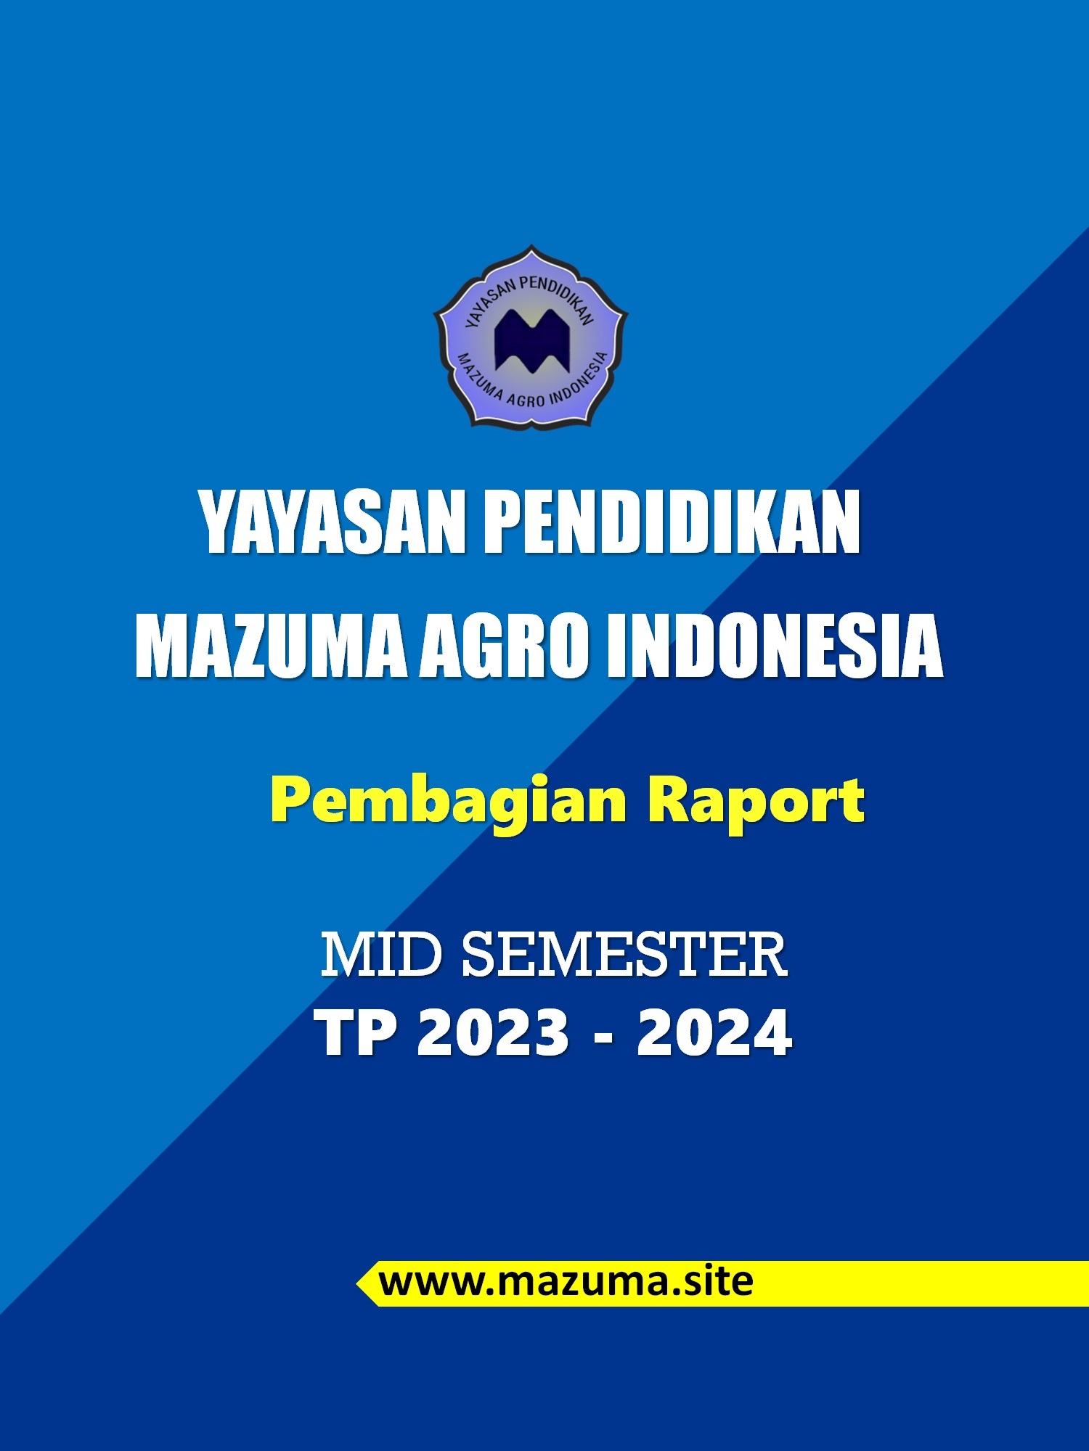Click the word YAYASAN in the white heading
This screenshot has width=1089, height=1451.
pos(332,522)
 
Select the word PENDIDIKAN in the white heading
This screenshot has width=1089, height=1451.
pos(672,522)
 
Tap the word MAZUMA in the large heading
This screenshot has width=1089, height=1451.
pos(271,646)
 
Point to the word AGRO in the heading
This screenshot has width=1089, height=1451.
pos(505,646)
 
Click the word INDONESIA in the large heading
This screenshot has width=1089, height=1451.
pos(775,646)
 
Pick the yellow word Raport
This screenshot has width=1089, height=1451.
pos(756,802)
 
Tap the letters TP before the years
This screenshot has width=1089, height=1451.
pos(356,1033)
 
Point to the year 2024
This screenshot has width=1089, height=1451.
pos(714,1033)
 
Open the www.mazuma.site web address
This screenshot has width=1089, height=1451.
pos(566,1282)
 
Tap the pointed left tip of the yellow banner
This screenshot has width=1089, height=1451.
pos(356,1284)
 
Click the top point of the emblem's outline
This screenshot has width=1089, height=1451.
pos(531,245)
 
